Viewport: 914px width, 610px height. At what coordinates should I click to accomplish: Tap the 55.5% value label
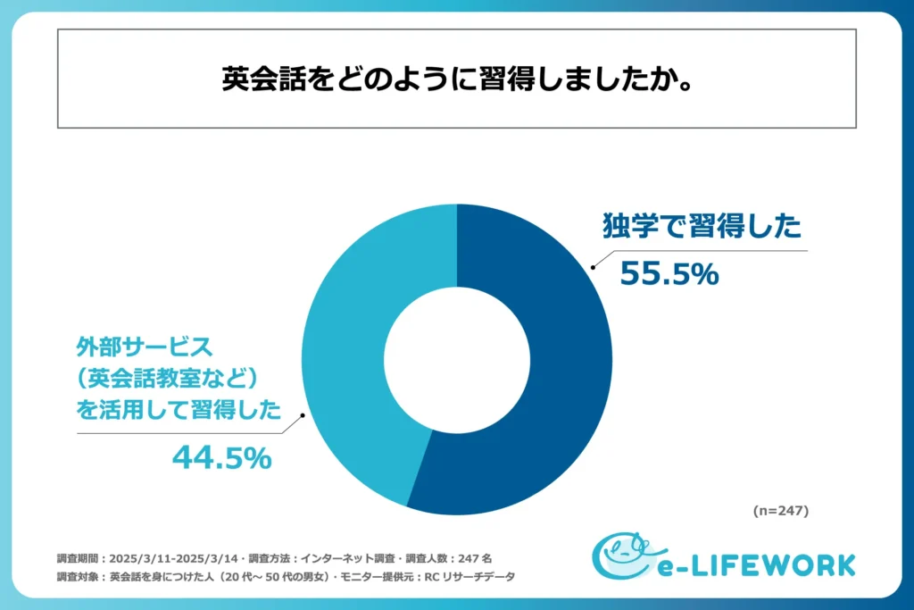pos(669,274)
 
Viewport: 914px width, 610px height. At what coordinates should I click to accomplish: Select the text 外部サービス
pos(143,345)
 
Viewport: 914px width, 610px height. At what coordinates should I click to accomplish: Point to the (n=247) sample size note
pos(779,512)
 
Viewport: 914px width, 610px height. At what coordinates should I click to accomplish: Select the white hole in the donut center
pos(457,359)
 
